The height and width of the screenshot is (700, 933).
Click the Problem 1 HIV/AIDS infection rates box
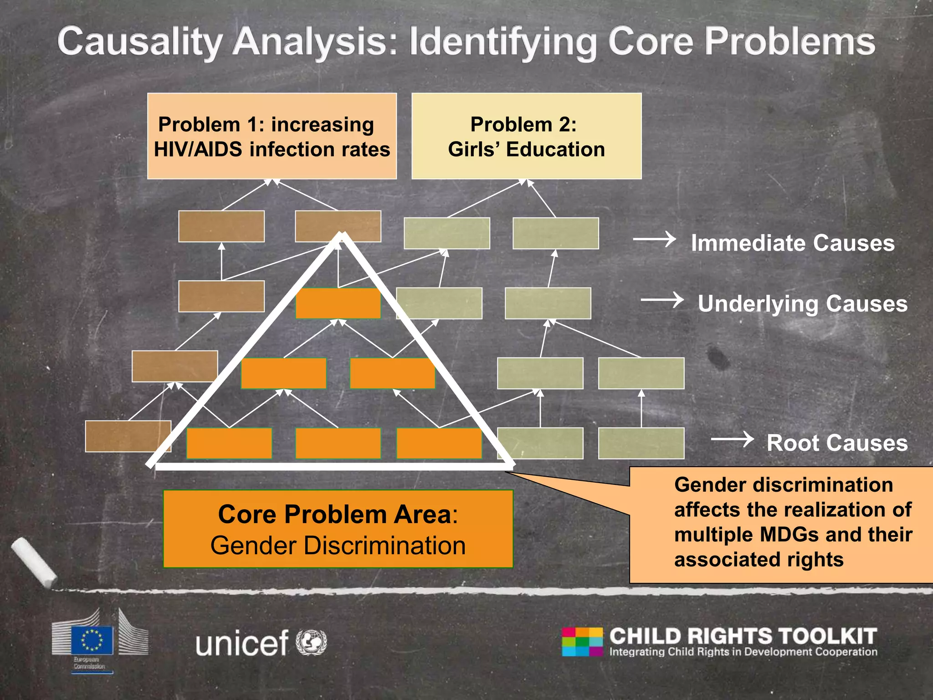(272, 136)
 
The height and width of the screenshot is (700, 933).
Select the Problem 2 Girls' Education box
(526, 136)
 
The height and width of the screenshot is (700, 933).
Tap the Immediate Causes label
(792, 243)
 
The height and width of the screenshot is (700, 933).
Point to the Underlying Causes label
(802, 304)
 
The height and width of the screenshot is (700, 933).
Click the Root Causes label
(837, 443)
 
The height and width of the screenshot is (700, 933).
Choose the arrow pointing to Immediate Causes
(655, 239)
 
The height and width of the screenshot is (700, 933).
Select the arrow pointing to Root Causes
(732, 439)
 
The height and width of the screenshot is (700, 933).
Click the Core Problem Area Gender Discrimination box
(338, 529)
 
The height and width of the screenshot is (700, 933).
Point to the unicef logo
(261, 643)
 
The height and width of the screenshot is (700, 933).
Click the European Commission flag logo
(92, 640)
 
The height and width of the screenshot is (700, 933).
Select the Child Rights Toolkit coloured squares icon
(582, 641)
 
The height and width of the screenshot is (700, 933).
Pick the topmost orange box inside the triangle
(338, 303)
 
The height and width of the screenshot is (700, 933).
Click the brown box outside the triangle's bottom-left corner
(128, 436)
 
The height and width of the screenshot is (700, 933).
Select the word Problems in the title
(789, 42)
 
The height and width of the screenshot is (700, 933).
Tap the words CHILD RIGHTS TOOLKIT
(743, 636)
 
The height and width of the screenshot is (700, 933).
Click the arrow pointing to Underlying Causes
(662, 300)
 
